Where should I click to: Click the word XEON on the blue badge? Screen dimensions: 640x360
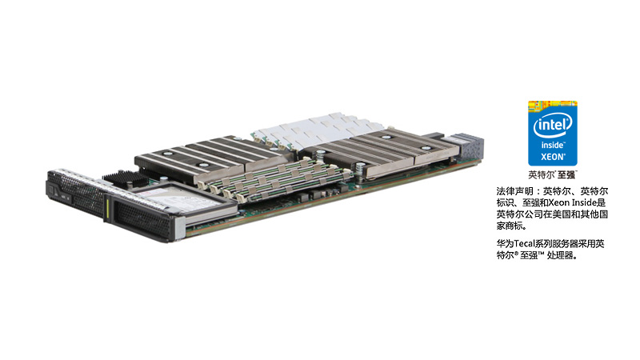point(553,157)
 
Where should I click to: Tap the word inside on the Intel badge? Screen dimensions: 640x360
point(553,146)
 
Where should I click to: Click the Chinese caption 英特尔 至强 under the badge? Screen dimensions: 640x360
point(552,174)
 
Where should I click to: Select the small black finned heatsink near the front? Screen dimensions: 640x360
point(122,177)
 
